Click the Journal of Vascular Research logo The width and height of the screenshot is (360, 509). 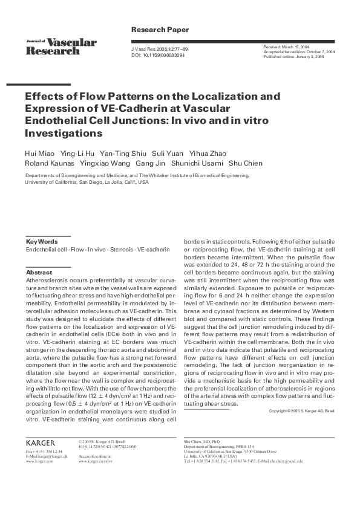click(61, 46)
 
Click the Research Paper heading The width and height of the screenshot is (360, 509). click(160, 30)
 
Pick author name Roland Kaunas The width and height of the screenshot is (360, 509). click(50, 163)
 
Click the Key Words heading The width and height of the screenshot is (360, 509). click(42, 241)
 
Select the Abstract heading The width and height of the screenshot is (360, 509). click(39, 273)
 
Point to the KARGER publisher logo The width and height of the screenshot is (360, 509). click(41, 443)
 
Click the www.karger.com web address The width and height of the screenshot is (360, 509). click(39, 461)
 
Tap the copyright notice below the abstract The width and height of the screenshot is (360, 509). click(301, 411)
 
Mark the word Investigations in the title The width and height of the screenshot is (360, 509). click(64, 132)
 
